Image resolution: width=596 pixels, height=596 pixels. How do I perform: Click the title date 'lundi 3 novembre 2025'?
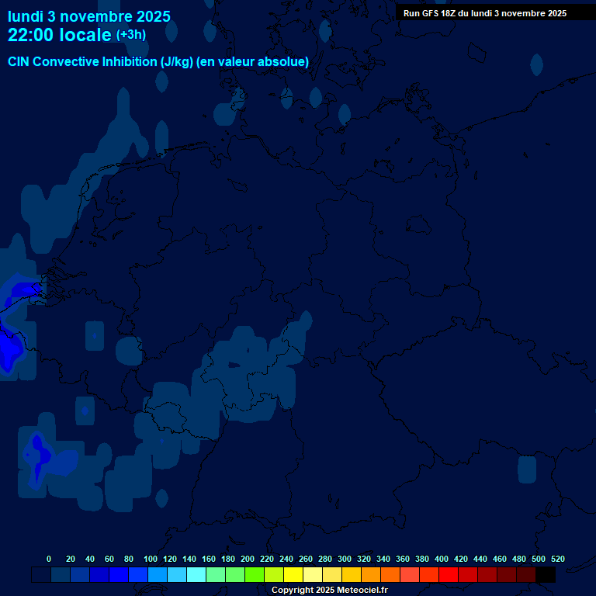[89, 16]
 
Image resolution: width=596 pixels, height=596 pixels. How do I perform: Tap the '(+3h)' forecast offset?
[131, 35]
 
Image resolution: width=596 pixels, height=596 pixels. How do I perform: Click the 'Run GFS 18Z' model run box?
[485, 13]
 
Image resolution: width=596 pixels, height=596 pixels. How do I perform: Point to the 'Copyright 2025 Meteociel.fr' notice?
[330, 591]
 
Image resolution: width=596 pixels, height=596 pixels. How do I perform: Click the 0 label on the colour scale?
[49, 560]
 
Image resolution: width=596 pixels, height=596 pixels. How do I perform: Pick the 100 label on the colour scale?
[151, 560]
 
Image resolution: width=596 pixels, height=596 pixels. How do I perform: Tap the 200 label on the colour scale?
[248, 560]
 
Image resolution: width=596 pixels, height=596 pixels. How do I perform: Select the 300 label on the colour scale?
[345, 560]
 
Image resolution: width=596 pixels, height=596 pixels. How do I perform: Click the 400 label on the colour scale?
[442, 560]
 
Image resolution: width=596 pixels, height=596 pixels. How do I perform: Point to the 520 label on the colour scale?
[558, 560]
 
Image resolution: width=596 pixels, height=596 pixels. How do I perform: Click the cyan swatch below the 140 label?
[196, 575]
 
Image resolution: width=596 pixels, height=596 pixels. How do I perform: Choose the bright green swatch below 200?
[255, 575]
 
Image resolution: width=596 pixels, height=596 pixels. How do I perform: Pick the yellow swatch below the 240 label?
[293, 575]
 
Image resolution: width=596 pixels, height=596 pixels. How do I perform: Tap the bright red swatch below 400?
[449, 575]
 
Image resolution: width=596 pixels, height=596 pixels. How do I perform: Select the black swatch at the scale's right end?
[546, 575]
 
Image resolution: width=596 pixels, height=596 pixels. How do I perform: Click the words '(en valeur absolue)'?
[253, 62]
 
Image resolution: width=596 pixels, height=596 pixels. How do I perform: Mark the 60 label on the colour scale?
[109, 560]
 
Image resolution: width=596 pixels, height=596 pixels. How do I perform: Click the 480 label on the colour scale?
[519, 560]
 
